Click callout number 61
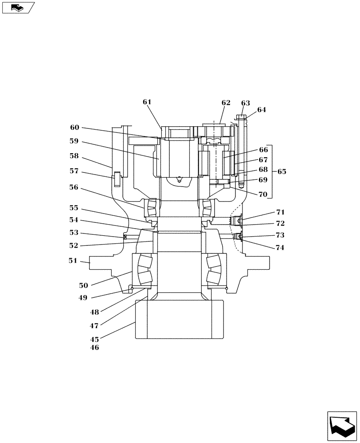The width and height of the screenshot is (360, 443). tap(147, 102)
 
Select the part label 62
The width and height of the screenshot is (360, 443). tap(226, 103)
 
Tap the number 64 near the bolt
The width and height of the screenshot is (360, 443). tap(262, 110)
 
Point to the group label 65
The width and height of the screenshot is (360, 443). tap(282, 171)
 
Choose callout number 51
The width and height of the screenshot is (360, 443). tap(73, 261)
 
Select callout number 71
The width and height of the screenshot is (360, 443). tap(280, 212)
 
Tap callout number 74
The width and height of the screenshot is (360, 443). tap(279, 248)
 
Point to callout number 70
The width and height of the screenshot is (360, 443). tap(263, 194)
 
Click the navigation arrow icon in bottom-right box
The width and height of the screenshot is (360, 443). tap(341, 425)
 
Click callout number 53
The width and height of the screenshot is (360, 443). tap(74, 233)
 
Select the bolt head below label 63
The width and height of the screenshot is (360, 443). tap(241, 117)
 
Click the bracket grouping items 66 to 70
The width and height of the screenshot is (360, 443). tap(271, 171)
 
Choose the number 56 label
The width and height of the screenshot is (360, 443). tap(74, 187)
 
